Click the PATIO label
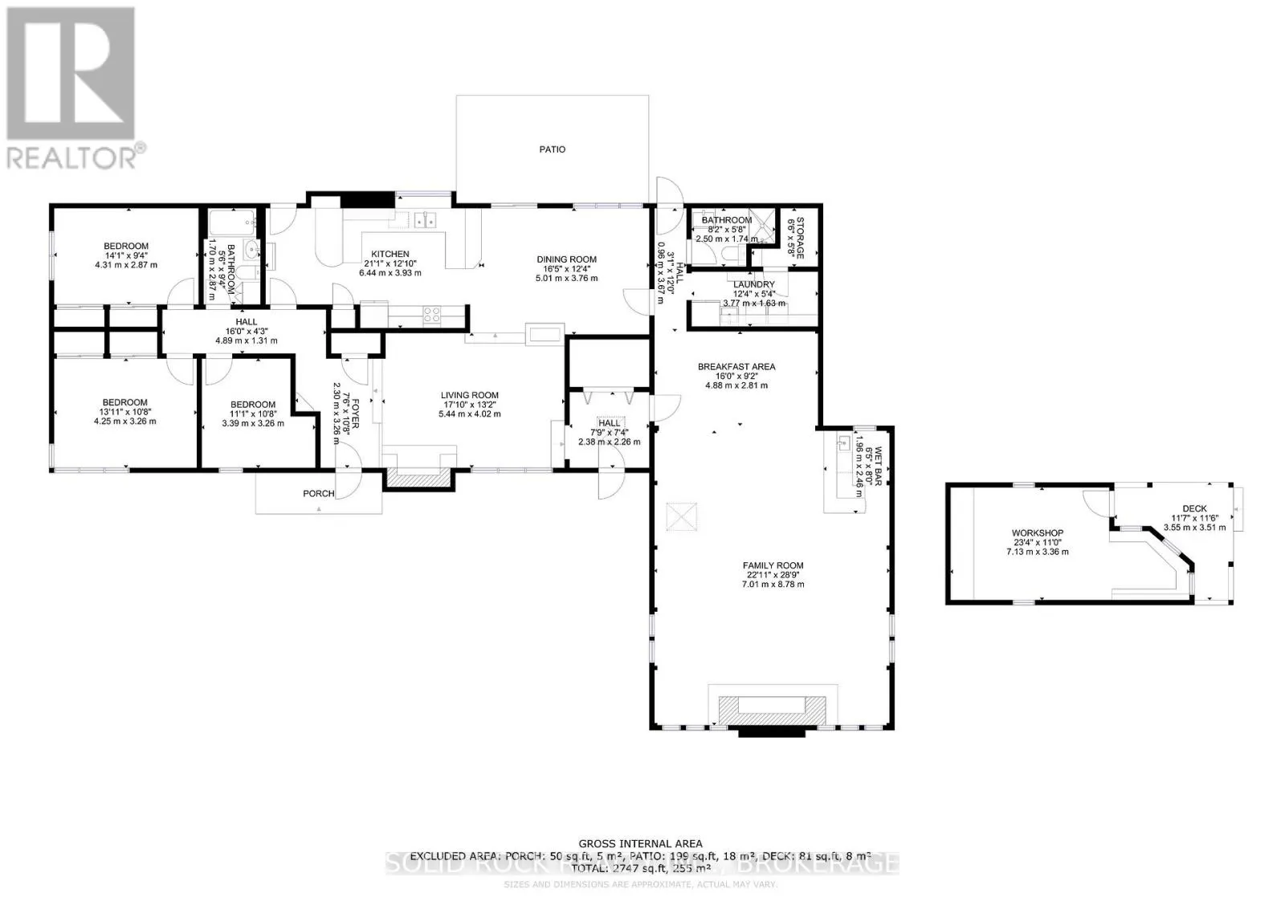(552, 149)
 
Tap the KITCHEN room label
(390, 254)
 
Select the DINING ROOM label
(566, 259)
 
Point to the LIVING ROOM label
(469, 395)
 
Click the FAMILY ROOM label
(773, 565)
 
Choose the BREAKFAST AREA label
(736, 367)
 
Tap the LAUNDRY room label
(753, 284)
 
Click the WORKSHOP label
(1037, 533)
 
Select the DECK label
(1194, 508)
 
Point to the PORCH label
(318, 493)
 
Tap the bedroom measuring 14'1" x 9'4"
(126, 247)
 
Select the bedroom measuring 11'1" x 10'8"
(253, 405)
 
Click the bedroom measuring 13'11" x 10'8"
(124, 402)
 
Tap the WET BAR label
(878, 463)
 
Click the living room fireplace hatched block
(418, 479)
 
